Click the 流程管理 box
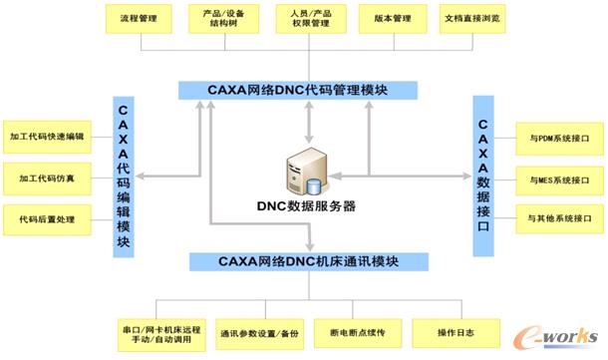140,19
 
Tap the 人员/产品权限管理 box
310,19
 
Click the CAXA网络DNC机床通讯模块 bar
309,262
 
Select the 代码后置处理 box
46,216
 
